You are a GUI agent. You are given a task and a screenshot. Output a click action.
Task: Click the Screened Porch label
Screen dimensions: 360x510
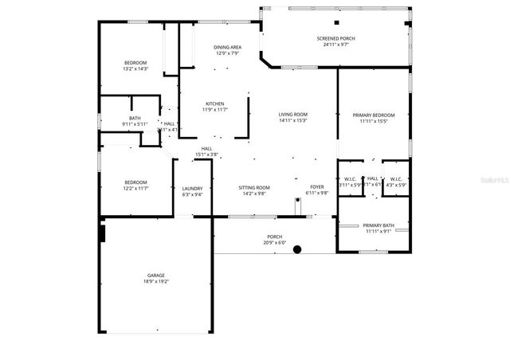click(x=335, y=38)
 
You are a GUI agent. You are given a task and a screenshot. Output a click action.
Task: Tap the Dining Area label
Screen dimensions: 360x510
click(x=227, y=47)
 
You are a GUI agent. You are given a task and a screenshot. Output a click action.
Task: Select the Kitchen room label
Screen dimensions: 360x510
click(x=215, y=104)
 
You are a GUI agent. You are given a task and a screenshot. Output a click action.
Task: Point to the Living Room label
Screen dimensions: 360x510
click(x=292, y=114)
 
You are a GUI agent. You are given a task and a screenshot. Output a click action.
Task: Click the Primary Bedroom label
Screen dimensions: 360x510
click(x=373, y=115)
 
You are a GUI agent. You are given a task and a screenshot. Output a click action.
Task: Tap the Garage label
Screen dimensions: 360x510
click(x=155, y=275)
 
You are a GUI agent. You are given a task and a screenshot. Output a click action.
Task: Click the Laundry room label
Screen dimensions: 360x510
click(x=192, y=188)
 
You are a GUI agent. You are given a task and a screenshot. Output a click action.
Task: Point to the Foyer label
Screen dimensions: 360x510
click(x=318, y=187)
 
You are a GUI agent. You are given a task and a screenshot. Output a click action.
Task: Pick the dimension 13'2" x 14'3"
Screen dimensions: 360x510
click(x=135, y=68)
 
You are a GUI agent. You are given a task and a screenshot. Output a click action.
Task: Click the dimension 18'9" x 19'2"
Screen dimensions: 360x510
click(x=155, y=281)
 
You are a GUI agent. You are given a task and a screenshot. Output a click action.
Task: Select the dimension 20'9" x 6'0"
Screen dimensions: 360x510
click(x=274, y=242)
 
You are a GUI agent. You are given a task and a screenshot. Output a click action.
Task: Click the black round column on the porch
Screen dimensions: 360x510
click(x=297, y=249)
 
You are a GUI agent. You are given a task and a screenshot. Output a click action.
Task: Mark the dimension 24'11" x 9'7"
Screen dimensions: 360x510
click(x=335, y=45)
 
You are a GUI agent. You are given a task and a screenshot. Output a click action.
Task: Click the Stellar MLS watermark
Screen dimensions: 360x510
click(x=493, y=182)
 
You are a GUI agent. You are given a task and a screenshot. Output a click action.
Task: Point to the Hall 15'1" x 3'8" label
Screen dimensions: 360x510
click(x=206, y=151)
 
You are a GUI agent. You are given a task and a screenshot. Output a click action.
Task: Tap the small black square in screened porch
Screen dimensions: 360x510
click(x=336, y=22)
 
